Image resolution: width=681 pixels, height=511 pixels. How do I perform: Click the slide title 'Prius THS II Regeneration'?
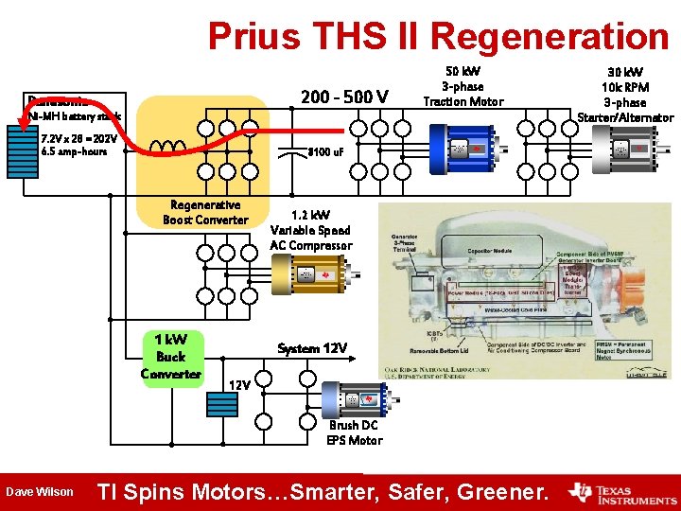(x=438, y=36)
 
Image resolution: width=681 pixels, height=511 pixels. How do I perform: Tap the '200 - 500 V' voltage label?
(x=343, y=97)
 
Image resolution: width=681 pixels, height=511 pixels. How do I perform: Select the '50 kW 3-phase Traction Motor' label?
(x=463, y=86)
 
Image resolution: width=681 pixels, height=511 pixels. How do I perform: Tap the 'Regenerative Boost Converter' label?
(x=205, y=212)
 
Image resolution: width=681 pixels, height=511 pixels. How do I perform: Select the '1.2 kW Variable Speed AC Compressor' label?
(x=310, y=230)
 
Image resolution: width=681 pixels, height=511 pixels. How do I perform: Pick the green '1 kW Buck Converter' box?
(x=170, y=357)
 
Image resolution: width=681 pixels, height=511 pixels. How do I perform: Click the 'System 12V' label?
(x=312, y=348)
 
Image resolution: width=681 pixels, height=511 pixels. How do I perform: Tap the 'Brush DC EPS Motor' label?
(x=355, y=432)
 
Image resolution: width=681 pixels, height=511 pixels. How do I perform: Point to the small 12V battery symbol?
(x=222, y=404)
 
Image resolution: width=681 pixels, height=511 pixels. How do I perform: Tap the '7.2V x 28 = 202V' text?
(x=79, y=138)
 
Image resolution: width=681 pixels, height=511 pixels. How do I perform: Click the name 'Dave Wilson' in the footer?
(x=38, y=491)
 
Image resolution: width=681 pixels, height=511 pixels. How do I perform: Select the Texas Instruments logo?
(x=620, y=491)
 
